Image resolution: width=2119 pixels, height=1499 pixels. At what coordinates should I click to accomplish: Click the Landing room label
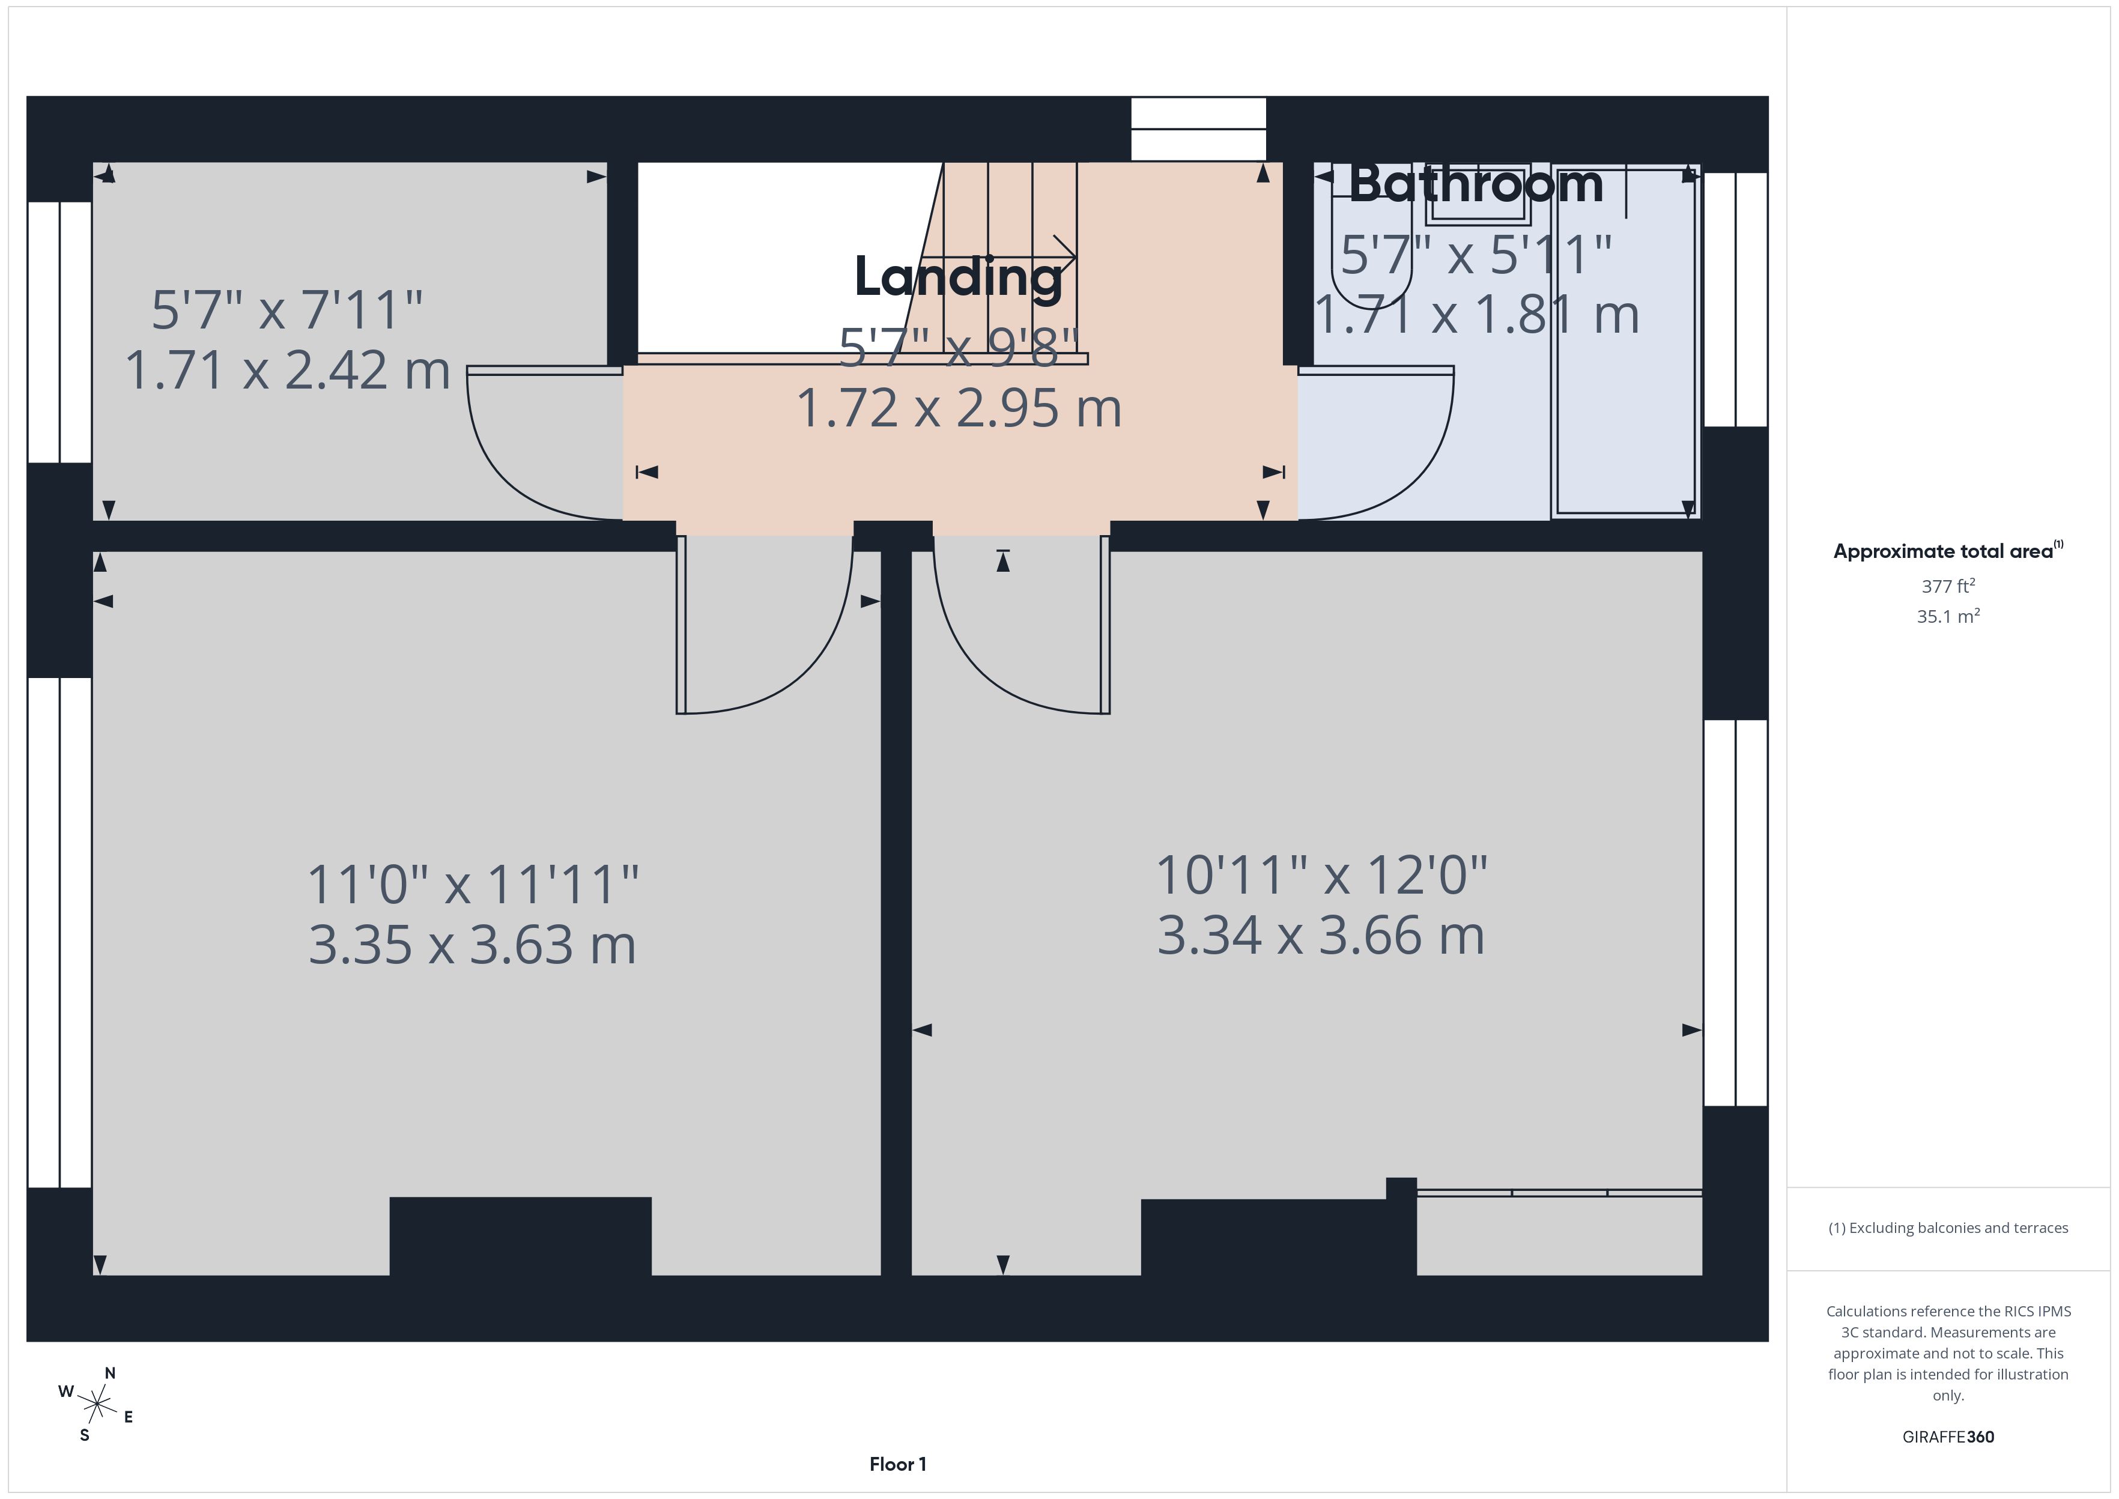pos(958,277)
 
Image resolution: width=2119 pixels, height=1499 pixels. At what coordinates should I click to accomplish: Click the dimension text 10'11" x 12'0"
pos(1321,875)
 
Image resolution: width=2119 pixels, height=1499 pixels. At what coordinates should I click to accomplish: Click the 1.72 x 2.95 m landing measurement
pos(958,408)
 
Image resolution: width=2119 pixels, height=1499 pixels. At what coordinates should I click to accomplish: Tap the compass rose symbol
pos(96,1405)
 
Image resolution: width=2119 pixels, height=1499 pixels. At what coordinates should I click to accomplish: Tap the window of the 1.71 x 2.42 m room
pos(59,332)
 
